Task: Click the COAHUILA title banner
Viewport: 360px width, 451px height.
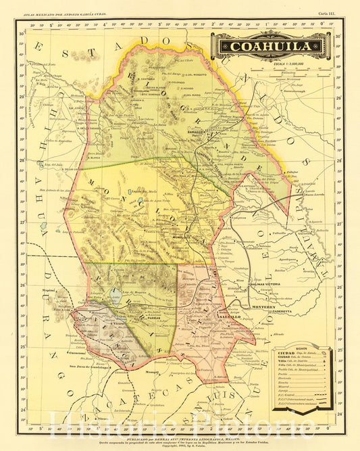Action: tap(272, 47)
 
